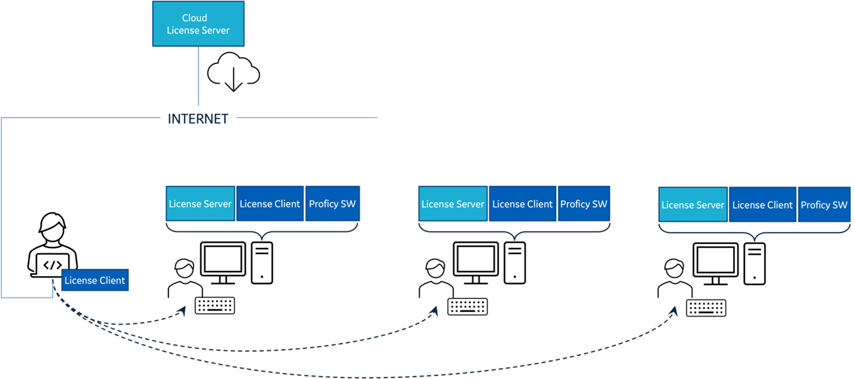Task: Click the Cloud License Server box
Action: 198,24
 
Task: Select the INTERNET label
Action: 198,118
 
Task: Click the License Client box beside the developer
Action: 95,280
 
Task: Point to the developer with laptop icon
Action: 52,245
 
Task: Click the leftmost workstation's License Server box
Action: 200,204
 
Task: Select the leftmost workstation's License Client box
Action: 270,204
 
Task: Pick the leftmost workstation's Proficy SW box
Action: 332,204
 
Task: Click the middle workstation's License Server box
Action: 453,204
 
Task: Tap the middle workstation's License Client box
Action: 523,204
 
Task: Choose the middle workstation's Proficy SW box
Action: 584,204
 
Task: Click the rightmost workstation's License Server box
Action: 693,205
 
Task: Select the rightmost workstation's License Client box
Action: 762,205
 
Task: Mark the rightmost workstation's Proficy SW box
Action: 824,205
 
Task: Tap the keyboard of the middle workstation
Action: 468,307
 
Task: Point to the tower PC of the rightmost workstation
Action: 755,263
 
